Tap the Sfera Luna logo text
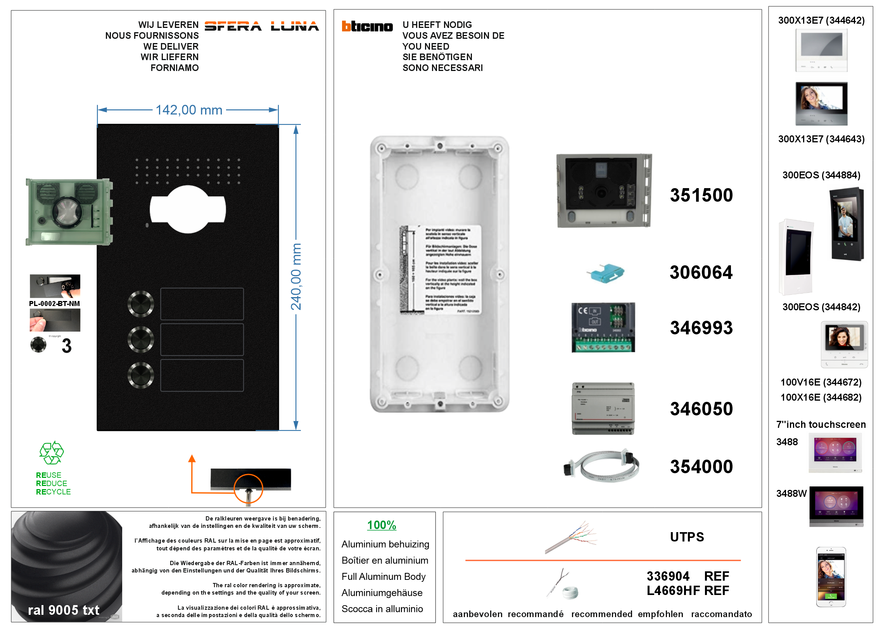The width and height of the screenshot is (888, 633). (261, 26)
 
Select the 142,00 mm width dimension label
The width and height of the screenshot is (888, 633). (189, 110)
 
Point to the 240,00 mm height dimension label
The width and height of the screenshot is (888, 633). (296, 277)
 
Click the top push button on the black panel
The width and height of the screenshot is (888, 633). (141, 304)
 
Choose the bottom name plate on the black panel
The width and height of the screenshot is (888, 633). (202, 375)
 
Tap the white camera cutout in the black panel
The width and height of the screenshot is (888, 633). (188, 209)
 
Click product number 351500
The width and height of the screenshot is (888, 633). (701, 195)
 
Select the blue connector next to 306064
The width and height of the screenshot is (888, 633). (605, 272)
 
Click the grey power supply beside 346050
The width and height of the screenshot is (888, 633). (603, 408)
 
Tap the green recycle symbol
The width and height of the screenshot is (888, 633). (51, 453)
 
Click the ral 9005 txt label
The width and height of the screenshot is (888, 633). (64, 610)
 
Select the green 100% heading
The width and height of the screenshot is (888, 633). (382, 525)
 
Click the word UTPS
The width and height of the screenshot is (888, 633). (687, 537)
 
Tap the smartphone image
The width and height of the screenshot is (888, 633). (831, 577)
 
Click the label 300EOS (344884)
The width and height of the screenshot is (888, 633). (821, 175)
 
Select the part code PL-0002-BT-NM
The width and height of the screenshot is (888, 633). (54, 304)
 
